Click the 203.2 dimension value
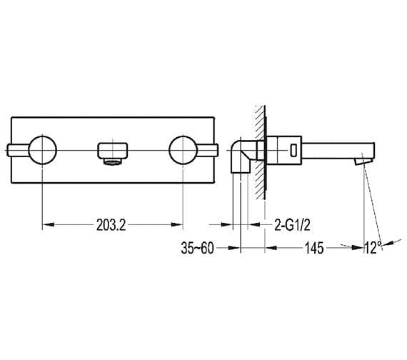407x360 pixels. point(111,225)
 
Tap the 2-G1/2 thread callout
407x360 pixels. point(292,225)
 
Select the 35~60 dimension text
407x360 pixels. point(198,248)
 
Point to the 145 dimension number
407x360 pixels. point(314,248)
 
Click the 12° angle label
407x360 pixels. point(373,248)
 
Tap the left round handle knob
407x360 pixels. point(43,150)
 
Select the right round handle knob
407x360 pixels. point(183,150)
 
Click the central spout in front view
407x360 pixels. point(113,151)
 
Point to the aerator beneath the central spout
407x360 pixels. point(112,162)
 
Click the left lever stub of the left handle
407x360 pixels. point(18,150)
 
